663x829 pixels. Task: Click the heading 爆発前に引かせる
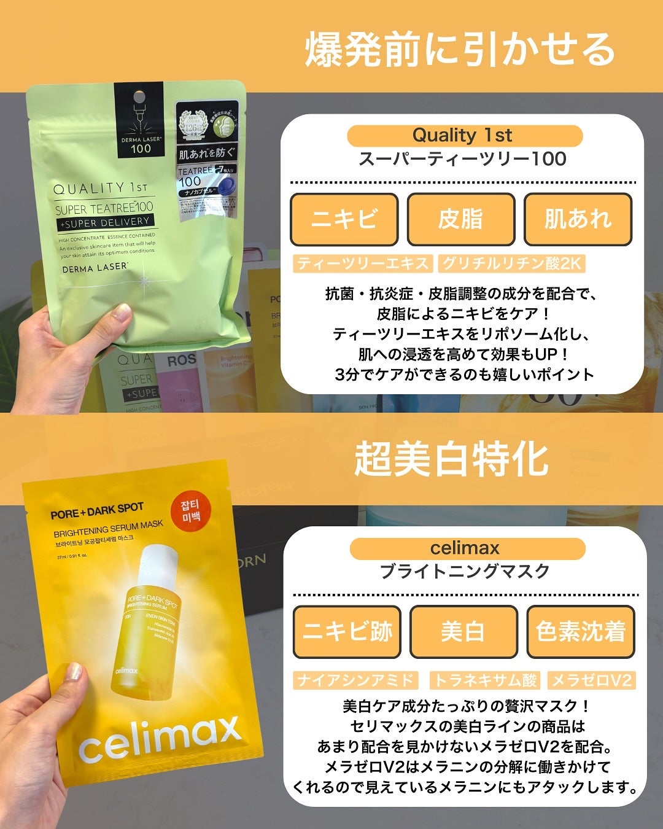click(460, 50)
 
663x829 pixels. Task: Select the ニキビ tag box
click(344, 219)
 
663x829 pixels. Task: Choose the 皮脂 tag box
click(460, 219)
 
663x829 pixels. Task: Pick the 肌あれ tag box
click(578, 219)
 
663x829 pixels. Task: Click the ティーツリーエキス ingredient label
click(363, 263)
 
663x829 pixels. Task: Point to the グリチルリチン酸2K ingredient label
click(511, 263)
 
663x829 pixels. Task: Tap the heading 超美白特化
click(451, 459)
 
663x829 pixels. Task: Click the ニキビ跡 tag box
click(347, 632)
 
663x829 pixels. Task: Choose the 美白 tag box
click(463, 632)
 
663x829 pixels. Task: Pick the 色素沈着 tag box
click(580, 632)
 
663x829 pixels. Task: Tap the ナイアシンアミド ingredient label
click(356, 680)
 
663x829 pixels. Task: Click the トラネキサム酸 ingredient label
click(485, 680)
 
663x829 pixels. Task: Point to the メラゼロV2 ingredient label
click(591, 680)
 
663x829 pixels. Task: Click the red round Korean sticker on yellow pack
click(190, 512)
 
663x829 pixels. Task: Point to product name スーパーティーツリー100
click(462, 159)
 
